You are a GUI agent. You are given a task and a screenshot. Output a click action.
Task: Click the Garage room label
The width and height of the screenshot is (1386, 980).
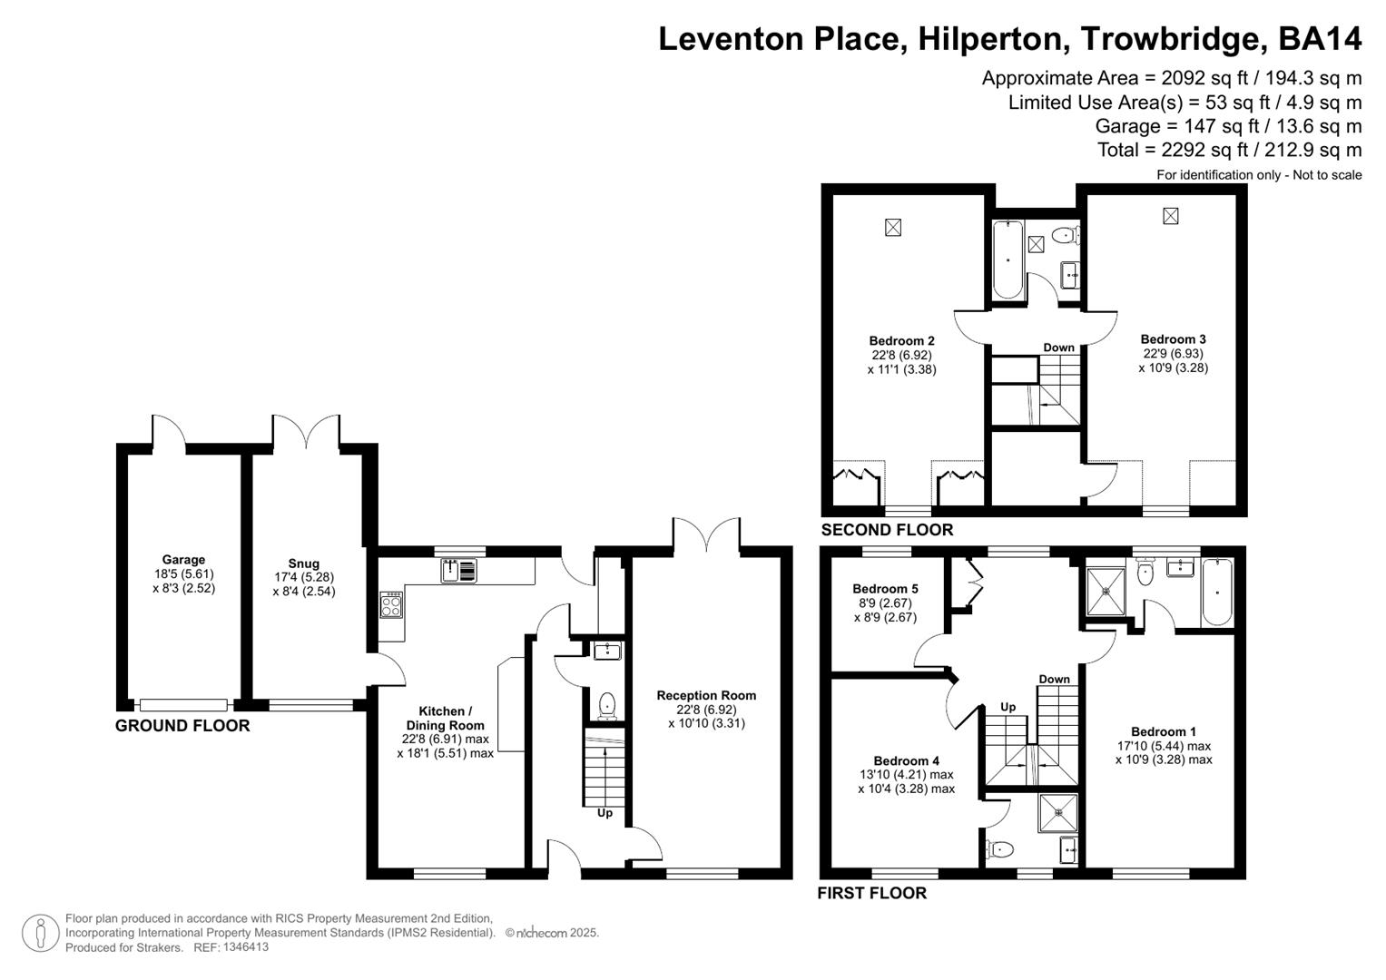click(x=183, y=560)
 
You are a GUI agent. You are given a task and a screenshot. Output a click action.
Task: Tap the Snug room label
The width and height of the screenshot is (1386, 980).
click(x=303, y=563)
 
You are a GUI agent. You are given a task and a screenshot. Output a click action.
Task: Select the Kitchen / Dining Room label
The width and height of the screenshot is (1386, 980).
click(x=445, y=718)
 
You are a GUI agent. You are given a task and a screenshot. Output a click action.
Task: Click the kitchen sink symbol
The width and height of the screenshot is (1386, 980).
click(x=458, y=571)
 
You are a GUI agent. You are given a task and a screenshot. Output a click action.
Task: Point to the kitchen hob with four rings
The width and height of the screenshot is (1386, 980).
click(x=391, y=604)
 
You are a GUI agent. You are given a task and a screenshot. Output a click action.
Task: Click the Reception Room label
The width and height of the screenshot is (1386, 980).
click(x=706, y=695)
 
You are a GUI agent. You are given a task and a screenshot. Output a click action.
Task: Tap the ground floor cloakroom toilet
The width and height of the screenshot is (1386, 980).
click(x=607, y=705)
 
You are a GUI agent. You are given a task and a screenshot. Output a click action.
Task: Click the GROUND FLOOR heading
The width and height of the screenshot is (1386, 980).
click(x=182, y=726)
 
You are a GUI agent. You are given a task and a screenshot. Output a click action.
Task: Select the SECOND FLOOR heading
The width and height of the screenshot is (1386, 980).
click(x=887, y=530)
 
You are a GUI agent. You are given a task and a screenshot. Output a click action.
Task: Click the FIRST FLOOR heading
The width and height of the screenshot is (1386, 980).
click(x=871, y=893)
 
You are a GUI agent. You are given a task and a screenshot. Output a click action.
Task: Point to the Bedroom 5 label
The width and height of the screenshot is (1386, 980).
click(x=885, y=589)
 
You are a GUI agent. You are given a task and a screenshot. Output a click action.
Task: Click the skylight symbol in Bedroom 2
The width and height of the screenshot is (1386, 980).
click(x=893, y=227)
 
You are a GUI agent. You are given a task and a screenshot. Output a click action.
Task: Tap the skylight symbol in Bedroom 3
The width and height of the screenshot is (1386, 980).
click(x=1171, y=216)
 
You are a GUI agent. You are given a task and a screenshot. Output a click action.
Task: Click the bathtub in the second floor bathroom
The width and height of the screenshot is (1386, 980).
click(x=1008, y=259)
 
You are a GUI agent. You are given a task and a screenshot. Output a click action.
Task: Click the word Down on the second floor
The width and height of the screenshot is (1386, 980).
click(x=1058, y=348)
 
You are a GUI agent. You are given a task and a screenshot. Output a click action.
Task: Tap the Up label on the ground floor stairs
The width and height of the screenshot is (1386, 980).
click(x=605, y=813)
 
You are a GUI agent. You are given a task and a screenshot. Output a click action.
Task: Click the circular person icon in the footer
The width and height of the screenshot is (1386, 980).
click(x=40, y=933)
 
